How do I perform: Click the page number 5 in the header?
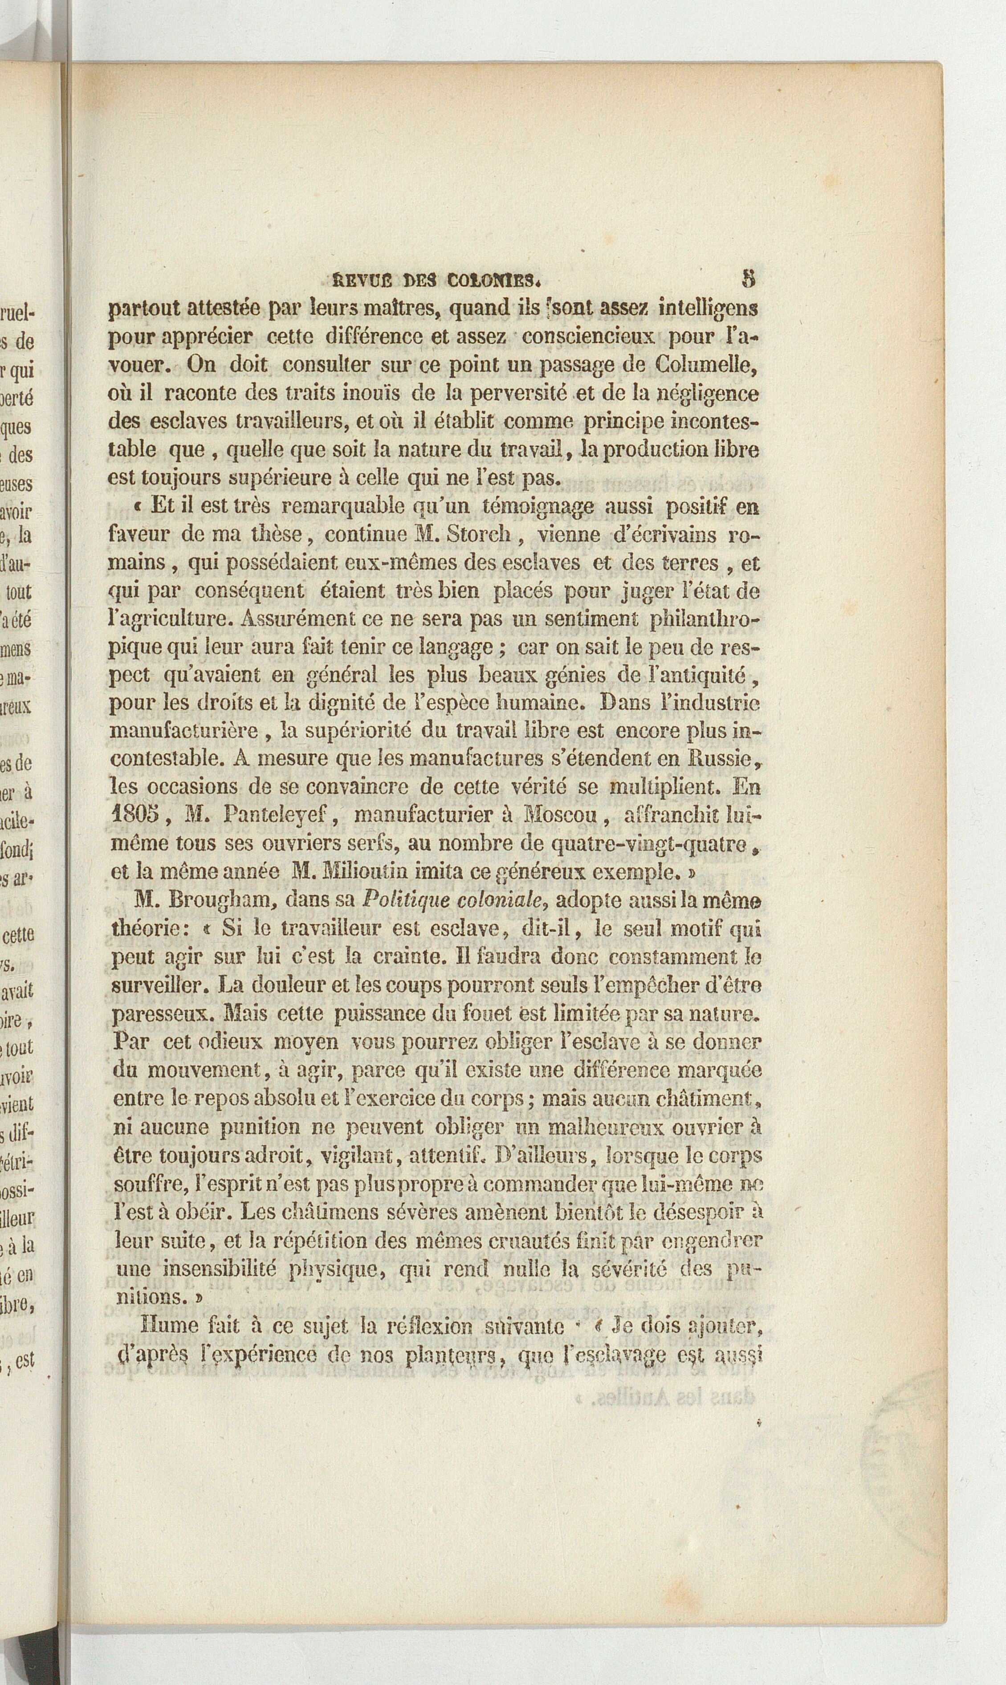[749, 279]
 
